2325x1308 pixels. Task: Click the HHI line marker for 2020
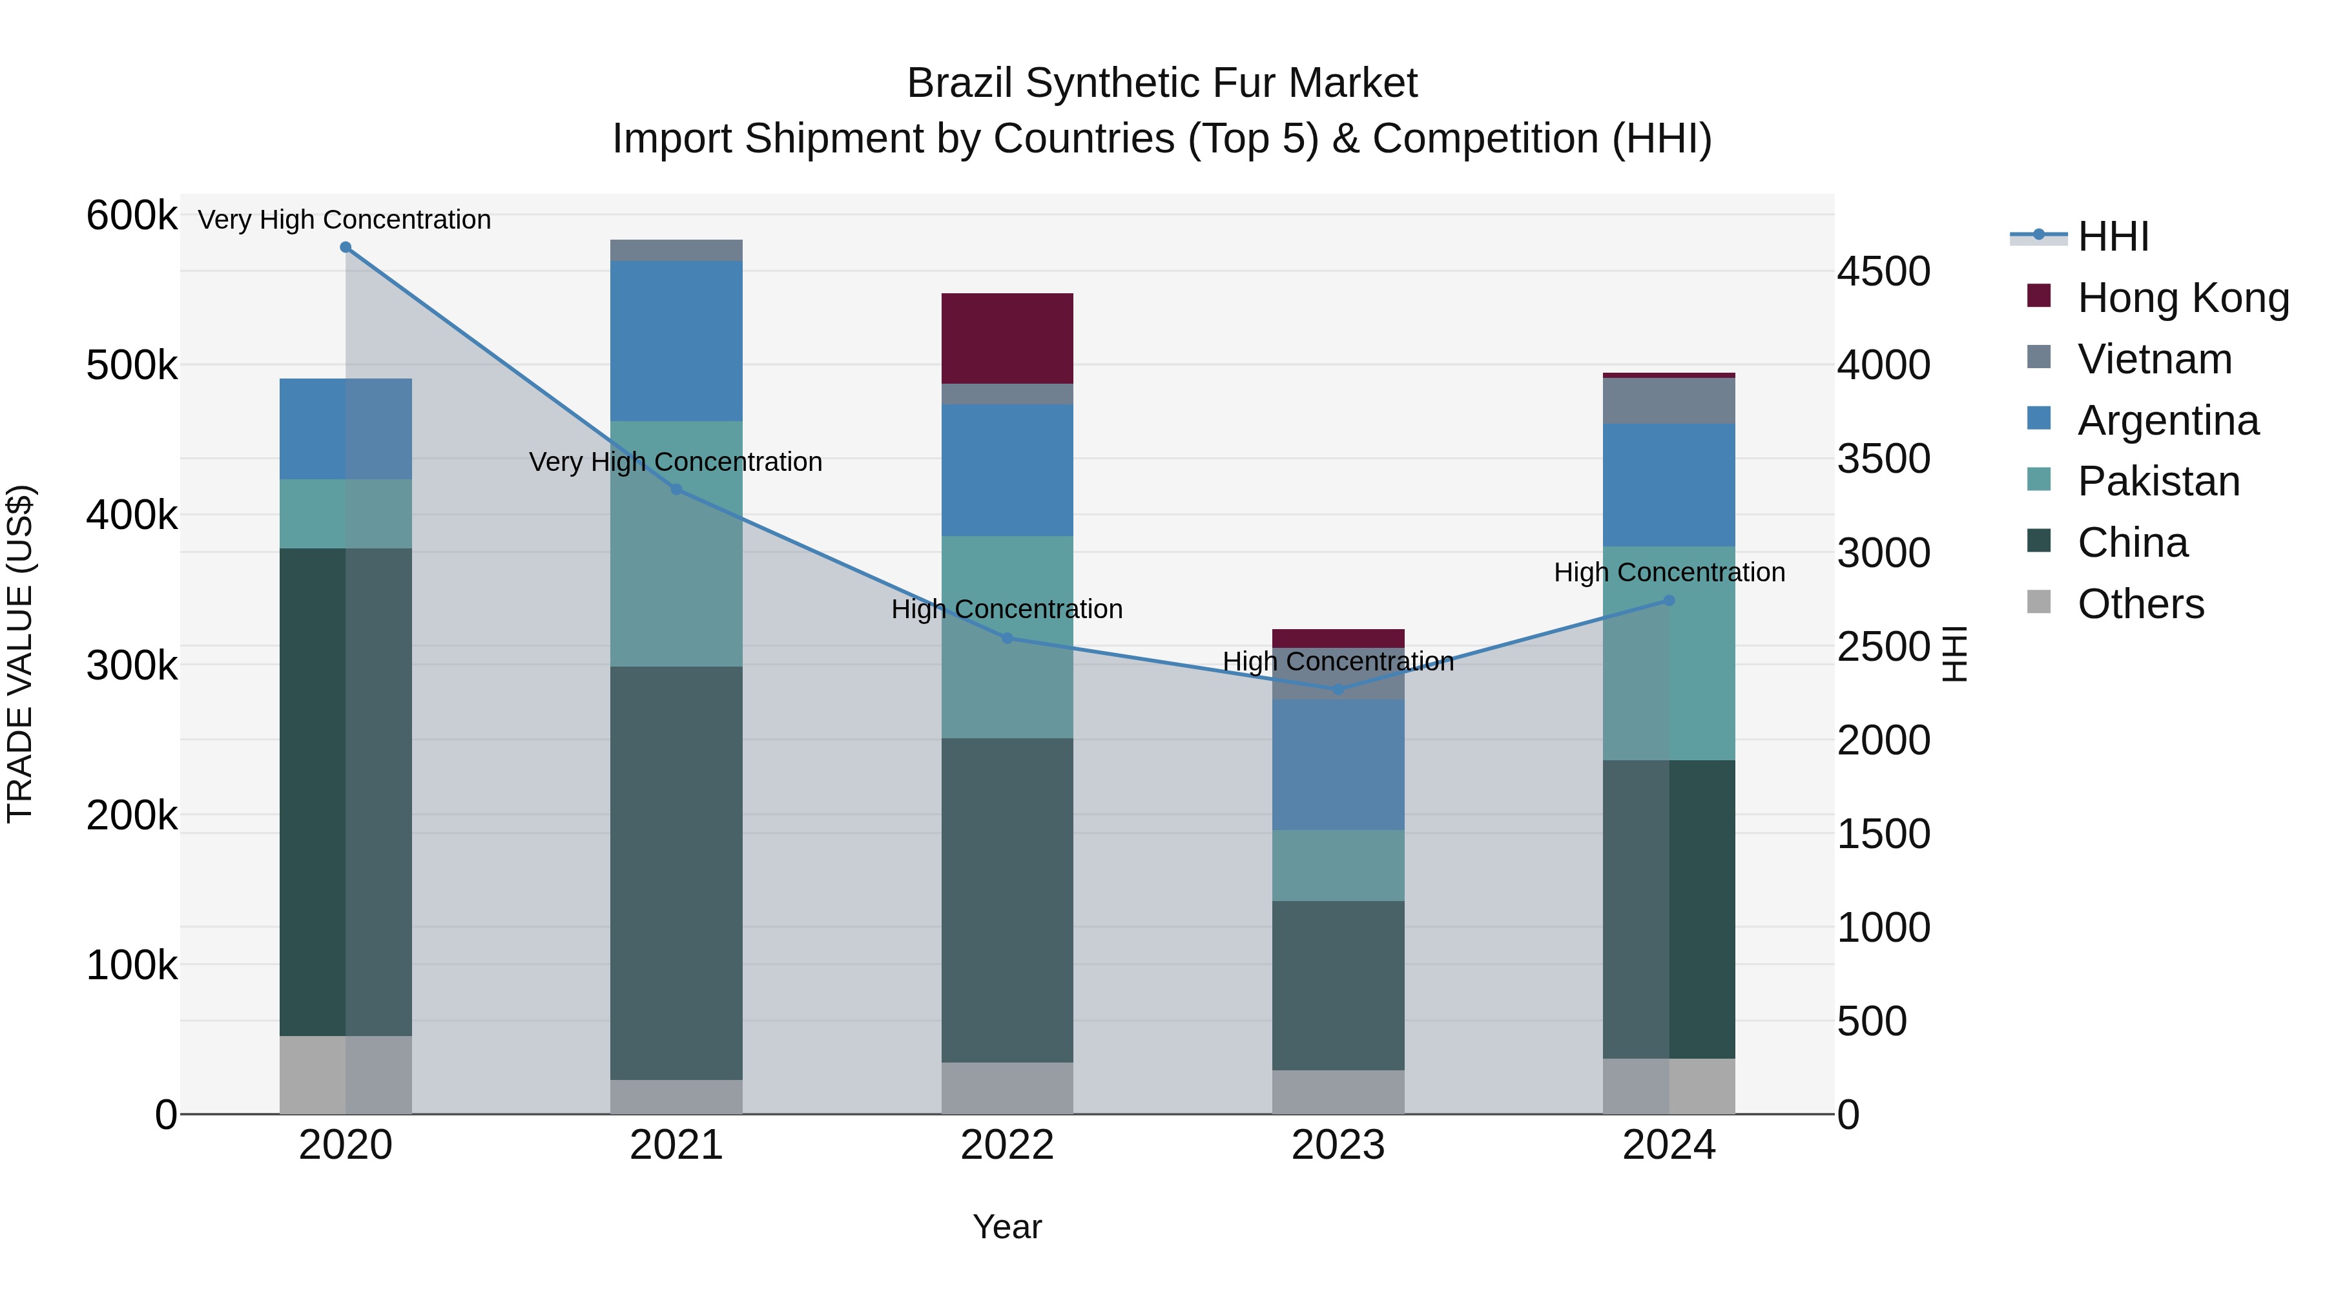[x=346, y=247]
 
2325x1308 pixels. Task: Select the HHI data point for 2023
[x=1339, y=690]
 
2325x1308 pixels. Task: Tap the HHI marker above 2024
[x=1669, y=600]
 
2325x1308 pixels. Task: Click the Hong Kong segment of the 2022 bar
[x=1008, y=338]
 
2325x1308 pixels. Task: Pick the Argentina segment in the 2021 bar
[x=676, y=340]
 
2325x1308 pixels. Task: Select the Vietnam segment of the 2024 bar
[x=1669, y=400]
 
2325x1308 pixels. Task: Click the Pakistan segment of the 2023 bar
[x=1339, y=865]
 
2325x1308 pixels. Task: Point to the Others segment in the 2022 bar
[x=1008, y=1088]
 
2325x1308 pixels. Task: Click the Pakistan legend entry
[x=2158, y=481]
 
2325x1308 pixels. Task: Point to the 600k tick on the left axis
[x=132, y=216]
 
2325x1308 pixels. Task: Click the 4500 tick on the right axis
[x=1884, y=272]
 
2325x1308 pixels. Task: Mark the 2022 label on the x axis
[x=1008, y=1145]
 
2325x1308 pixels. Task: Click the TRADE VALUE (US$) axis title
[x=20, y=654]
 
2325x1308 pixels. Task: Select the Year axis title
[x=1008, y=1227]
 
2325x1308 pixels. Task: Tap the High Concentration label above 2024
[x=1669, y=572]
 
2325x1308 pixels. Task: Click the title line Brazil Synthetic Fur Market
[x=1162, y=83]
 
